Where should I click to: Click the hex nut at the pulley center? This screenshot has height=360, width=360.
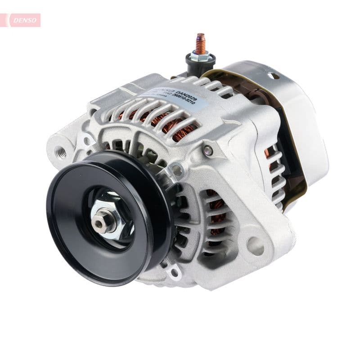click(x=104, y=221)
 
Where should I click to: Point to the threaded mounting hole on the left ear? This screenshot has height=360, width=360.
click(x=61, y=152)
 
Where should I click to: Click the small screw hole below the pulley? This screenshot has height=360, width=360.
click(x=174, y=272)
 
